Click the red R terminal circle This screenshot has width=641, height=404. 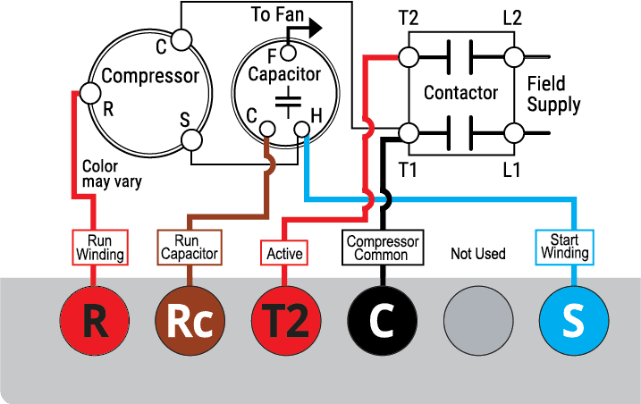point(95,321)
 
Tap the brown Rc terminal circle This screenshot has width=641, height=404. point(190,321)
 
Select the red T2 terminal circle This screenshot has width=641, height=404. point(286,321)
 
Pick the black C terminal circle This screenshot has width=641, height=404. point(383,321)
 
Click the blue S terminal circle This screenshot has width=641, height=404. point(574,321)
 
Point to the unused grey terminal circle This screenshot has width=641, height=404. point(478,321)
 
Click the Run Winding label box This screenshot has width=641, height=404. point(100,248)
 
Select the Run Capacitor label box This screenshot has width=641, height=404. point(190,248)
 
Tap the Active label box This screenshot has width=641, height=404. point(284,253)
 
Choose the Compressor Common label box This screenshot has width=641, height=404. point(383,248)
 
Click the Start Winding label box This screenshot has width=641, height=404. point(564,248)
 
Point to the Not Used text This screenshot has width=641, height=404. point(478,254)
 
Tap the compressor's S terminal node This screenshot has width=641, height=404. point(191,140)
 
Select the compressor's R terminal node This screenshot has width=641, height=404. point(90,93)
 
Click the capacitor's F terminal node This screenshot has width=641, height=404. point(289,53)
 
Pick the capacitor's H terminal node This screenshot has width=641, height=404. point(302,130)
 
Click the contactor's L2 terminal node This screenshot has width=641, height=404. point(514,57)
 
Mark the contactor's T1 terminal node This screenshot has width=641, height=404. point(409,133)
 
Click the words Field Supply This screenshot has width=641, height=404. point(553,94)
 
